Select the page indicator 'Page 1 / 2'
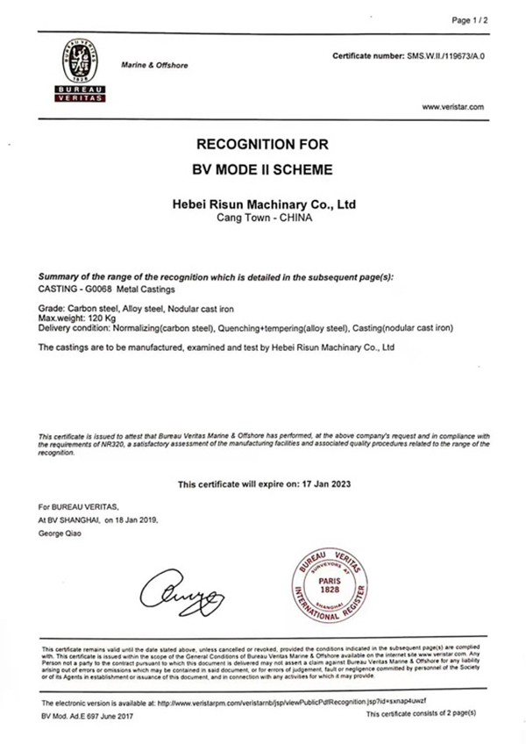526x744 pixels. (468, 19)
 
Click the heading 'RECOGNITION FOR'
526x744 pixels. (263, 143)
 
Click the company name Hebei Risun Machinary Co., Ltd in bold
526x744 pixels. (263, 204)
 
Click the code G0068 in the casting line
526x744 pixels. (116, 286)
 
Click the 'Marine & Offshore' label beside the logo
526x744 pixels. (154, 66)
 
